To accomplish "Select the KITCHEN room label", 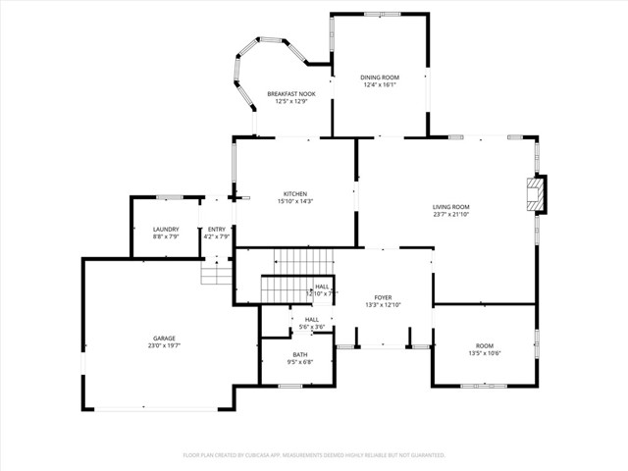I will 295,193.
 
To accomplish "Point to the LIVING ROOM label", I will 451,207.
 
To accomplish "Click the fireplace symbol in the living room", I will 535,194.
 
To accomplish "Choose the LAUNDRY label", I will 165,230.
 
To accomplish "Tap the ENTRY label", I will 216,230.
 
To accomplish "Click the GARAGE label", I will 164,339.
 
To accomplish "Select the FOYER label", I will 383,297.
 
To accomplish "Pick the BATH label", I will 299,354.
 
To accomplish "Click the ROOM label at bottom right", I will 485,345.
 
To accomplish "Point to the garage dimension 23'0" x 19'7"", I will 164,345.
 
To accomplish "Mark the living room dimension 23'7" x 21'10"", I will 451,214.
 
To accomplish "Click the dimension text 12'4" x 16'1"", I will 378,83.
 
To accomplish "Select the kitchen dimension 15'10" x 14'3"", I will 295,200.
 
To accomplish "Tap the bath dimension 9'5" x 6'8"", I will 299,361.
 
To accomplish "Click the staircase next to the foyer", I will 294,275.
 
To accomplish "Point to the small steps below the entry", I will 215,272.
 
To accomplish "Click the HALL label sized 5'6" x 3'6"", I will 311,319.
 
